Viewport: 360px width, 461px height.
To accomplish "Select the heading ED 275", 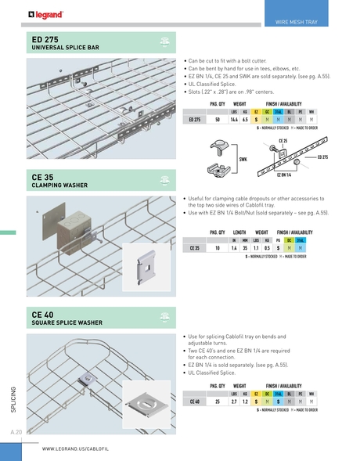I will (48, 38).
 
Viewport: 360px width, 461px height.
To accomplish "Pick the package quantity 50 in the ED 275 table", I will (217, 120).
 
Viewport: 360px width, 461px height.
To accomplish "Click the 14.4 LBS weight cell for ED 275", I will (234, 120).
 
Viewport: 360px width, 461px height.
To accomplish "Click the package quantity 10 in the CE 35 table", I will (217, 247).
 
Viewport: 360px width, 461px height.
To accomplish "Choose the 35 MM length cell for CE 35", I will (245, 247).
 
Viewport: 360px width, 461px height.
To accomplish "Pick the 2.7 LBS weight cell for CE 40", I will (234, 401).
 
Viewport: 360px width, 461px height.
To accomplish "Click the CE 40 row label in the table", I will (195, 401).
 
